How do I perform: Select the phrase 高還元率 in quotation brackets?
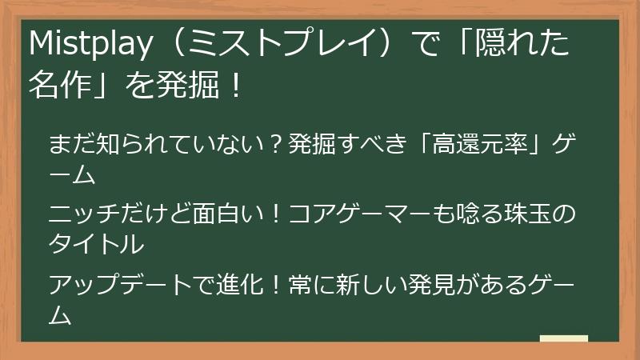(477, 147)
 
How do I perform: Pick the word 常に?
(307, 286)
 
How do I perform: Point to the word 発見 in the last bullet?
(433, 286)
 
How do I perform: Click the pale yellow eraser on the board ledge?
(564, 337)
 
